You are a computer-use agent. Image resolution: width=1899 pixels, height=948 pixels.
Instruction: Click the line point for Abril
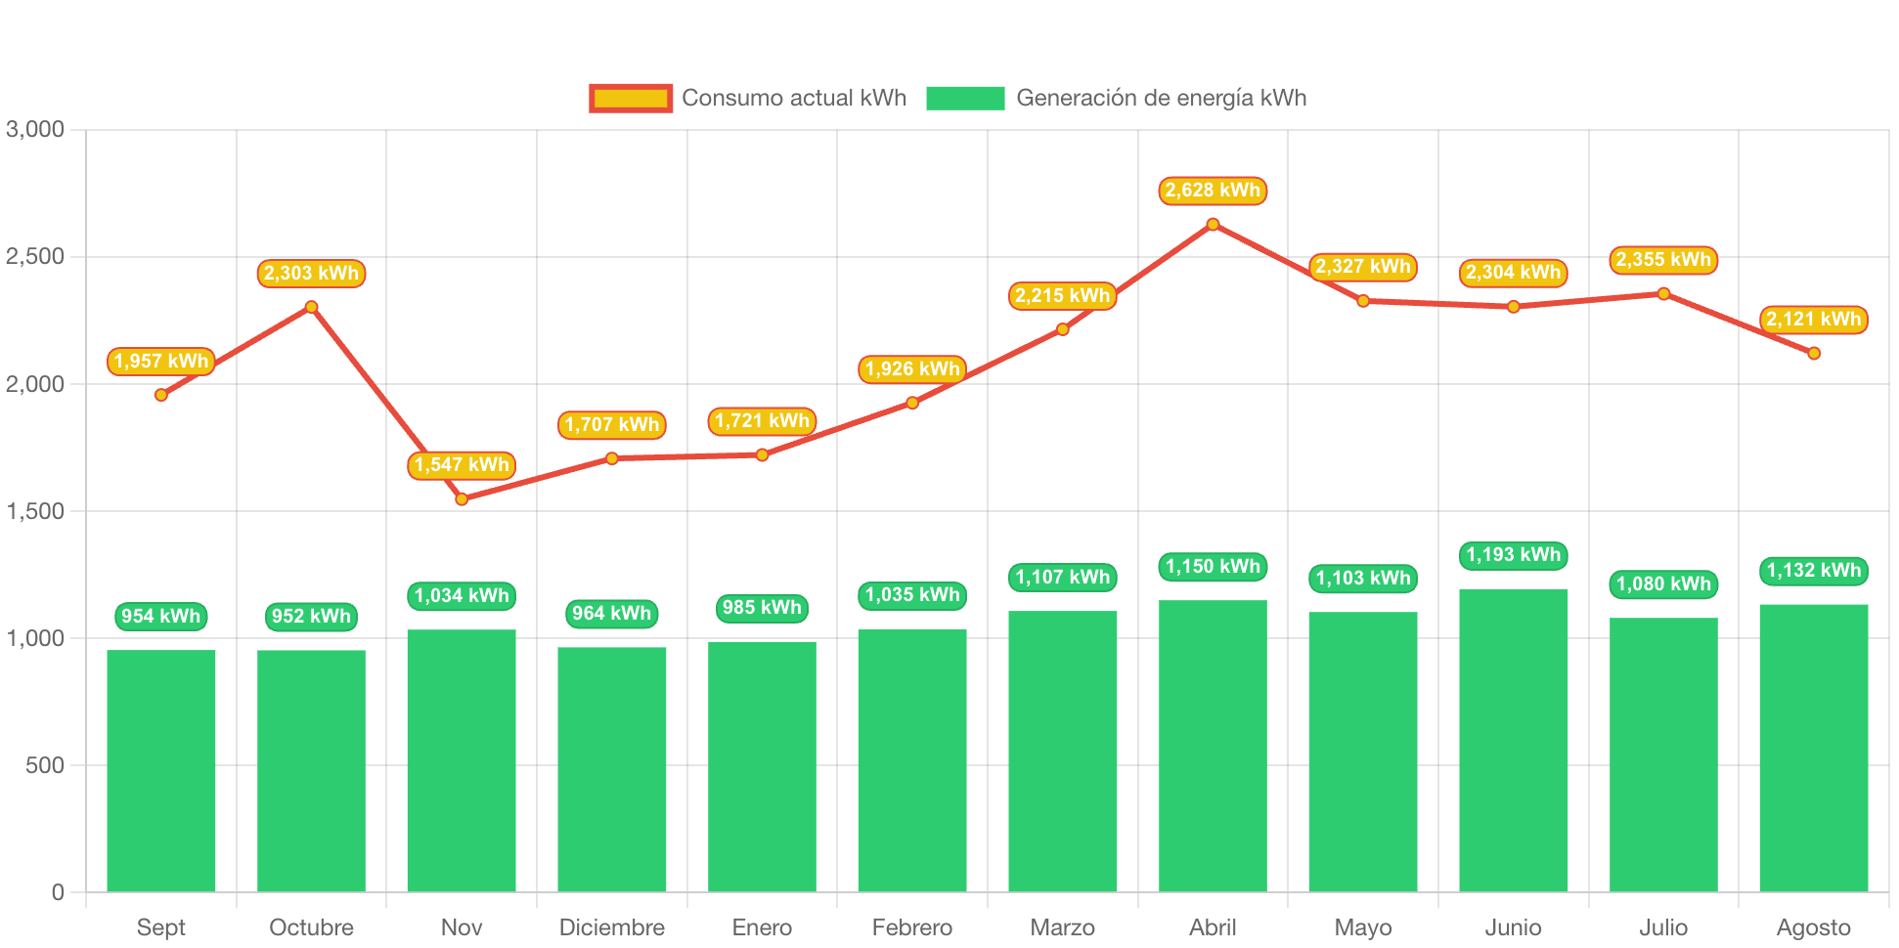tap(1213, 225)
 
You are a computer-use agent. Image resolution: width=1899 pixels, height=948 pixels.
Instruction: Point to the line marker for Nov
tap(462, 499)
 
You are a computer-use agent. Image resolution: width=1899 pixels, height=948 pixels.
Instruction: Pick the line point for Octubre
tap(311, 307)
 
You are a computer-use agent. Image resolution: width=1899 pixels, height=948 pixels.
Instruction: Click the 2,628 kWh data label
tap(1213, 191)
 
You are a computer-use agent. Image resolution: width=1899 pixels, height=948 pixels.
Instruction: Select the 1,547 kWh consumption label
tap(462, 465)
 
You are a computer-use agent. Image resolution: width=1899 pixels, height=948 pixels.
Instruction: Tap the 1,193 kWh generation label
tap(1513, 555)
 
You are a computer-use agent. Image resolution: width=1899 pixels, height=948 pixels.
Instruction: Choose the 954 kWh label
tap(161, 617)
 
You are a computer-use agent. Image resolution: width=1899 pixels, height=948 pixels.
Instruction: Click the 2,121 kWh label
tap(1813, 320)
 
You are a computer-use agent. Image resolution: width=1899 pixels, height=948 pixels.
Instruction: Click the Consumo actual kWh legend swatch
tap(631, 98)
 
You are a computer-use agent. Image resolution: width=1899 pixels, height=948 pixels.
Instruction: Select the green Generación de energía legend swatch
tap(965, 98)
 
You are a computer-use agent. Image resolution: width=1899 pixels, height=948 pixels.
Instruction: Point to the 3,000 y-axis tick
tap(35, 129)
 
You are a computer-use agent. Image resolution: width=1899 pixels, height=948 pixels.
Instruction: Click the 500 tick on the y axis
tap(45, 765)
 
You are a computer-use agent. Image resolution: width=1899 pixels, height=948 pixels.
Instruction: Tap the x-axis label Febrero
tap(912, 927)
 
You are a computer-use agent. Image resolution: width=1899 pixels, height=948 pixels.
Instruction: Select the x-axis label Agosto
tap(1813, 927)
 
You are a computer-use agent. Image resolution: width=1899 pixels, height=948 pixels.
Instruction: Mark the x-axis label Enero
tap(762, 927)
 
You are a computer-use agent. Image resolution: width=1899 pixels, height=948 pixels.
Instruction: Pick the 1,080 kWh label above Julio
tap(1663, 584)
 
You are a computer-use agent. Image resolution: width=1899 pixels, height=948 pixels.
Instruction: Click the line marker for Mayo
tap(1363, 301)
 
